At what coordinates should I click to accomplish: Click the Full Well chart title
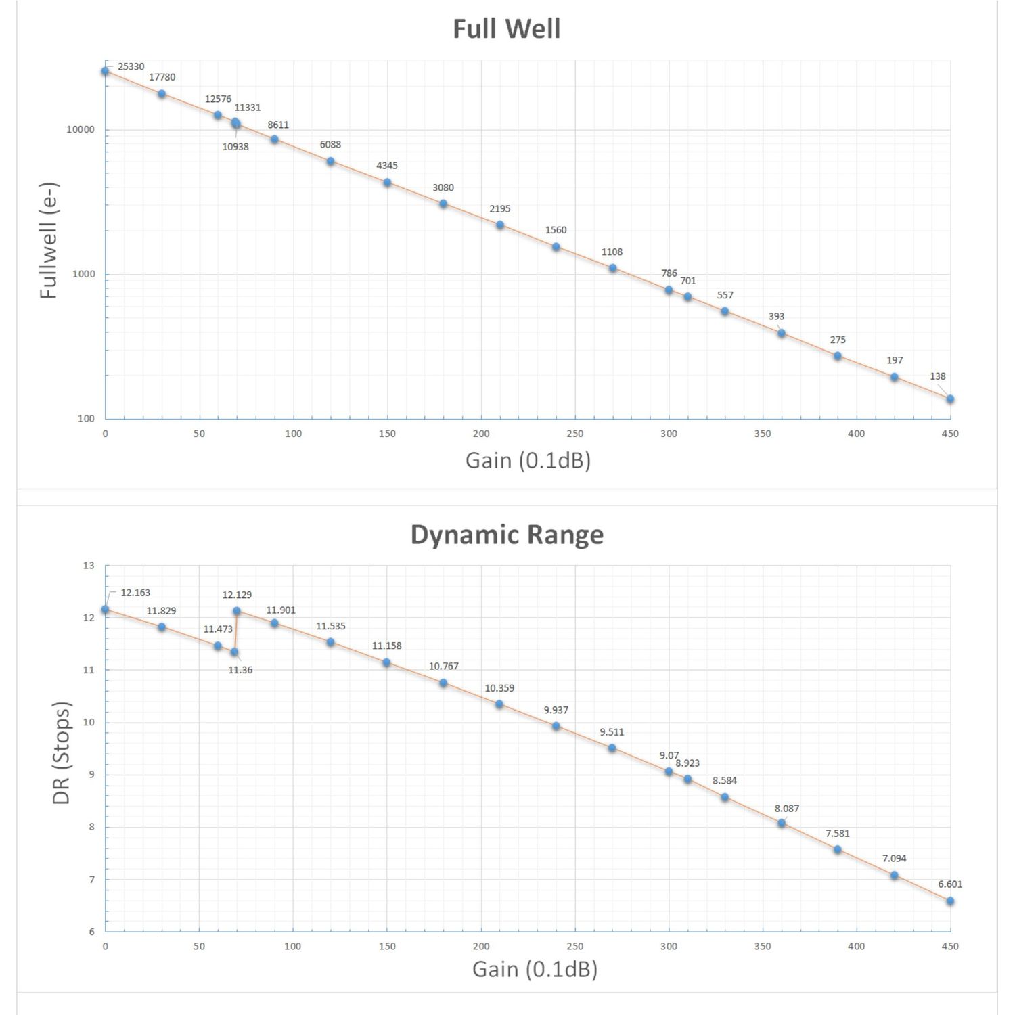506,29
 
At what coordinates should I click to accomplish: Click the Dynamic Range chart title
507,535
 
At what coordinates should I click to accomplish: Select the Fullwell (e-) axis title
49,241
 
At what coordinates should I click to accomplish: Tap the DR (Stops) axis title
62,752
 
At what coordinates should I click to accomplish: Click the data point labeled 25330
105,71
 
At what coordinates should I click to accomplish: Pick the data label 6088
330,145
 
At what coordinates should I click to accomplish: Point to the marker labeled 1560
556,247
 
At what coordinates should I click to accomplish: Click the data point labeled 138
950,399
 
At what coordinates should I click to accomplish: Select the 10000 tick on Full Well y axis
81,130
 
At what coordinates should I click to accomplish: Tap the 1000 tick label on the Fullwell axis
83,275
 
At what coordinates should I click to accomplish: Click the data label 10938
235,147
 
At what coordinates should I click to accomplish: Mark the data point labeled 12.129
237,611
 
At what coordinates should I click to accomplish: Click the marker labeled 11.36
234,652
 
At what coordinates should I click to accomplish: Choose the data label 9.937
556,710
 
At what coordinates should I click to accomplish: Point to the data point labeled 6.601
950,901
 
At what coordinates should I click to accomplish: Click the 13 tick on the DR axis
89,566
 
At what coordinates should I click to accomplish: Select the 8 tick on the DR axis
91,827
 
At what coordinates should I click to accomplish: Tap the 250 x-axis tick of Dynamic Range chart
575,946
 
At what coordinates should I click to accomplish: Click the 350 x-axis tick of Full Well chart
763,434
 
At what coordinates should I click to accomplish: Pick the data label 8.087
786,809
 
